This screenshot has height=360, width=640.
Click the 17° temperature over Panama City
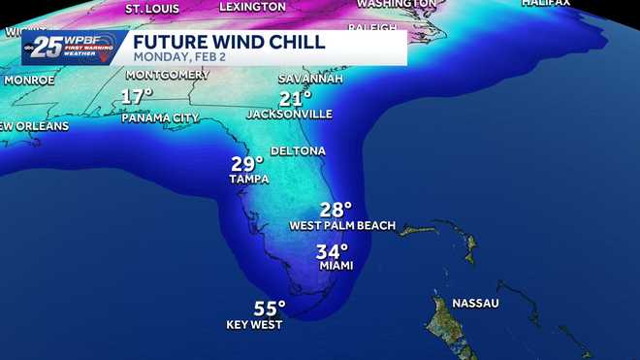[x=137, y=97]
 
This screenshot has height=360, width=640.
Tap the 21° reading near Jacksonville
[x=296, y=98]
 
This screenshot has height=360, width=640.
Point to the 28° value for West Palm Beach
[x=336, y=209]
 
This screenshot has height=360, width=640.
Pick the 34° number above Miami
[x=332, y=249]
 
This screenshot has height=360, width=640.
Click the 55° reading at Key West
[x=270, y=309]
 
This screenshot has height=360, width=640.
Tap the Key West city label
[x=254, y=325]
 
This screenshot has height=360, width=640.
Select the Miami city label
[x=336, y=265]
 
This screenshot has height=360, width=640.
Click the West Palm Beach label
[x=342, y=225]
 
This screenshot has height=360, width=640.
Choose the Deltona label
[x=297, y=151]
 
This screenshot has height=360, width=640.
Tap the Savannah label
[x=310, y=79]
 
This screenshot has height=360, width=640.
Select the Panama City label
[x=160, y=117]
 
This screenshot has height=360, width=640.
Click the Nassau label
[x=474, y=303]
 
